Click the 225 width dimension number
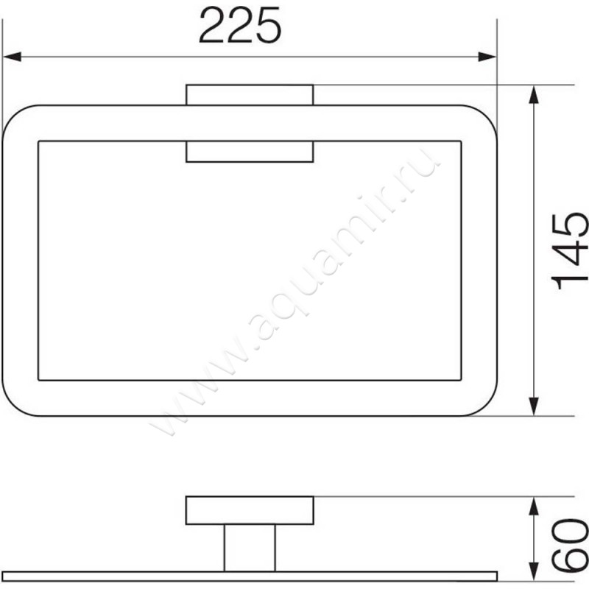point(240,26)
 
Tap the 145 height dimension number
point(569,251)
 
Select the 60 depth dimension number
point(569,545)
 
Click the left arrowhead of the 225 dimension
point(12,57)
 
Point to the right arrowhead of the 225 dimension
point(487,57)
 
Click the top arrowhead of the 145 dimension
point(533,95)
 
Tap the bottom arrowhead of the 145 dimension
point(533,406)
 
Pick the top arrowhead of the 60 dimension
point(533,506)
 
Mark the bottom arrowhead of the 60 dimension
point(533,562)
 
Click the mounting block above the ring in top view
point(250,95)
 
